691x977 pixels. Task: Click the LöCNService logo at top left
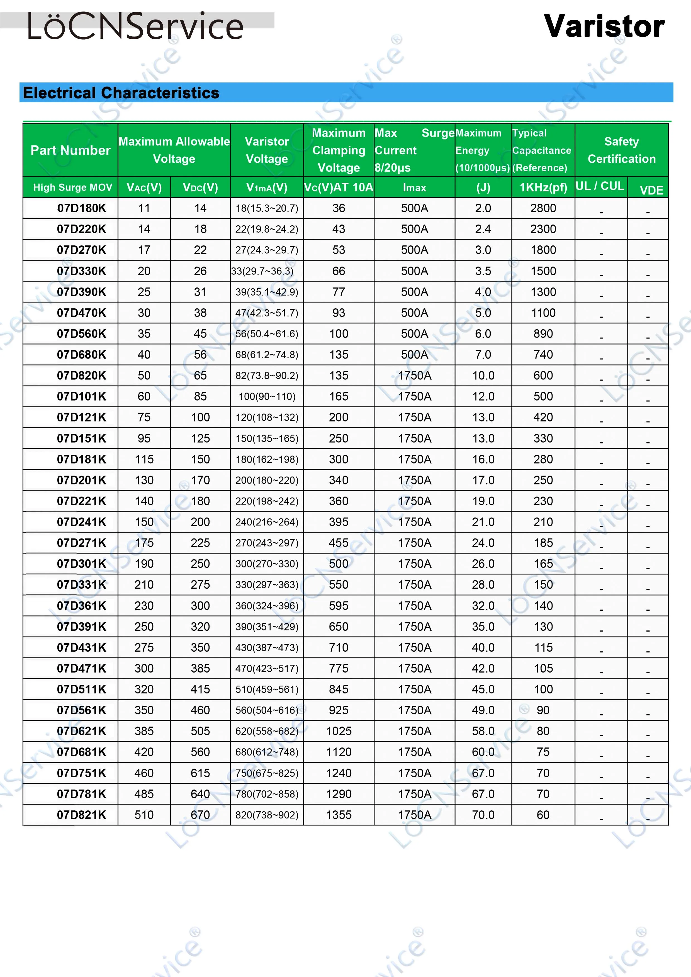click(135, 26)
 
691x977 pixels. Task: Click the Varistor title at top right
click(604, 26)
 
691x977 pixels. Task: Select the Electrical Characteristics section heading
click(121, 93)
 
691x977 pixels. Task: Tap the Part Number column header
click(70, 150)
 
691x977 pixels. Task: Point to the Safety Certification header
click(621, 150)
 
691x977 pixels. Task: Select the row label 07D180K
click(81, 208)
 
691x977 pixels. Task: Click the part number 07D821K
click(81, 815)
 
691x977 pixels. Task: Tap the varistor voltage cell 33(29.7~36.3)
click(262, 271)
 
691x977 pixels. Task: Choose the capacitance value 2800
click(543, 208)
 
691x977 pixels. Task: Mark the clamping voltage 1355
click(339, 815)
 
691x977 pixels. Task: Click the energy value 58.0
click(483, 731)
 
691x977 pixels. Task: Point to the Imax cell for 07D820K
click(414, 375)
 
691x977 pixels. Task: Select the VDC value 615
click(200, 773)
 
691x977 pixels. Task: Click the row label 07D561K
click(81, 710)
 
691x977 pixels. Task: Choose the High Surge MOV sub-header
click(73, 187)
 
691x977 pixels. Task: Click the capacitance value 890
click(543, 334)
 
